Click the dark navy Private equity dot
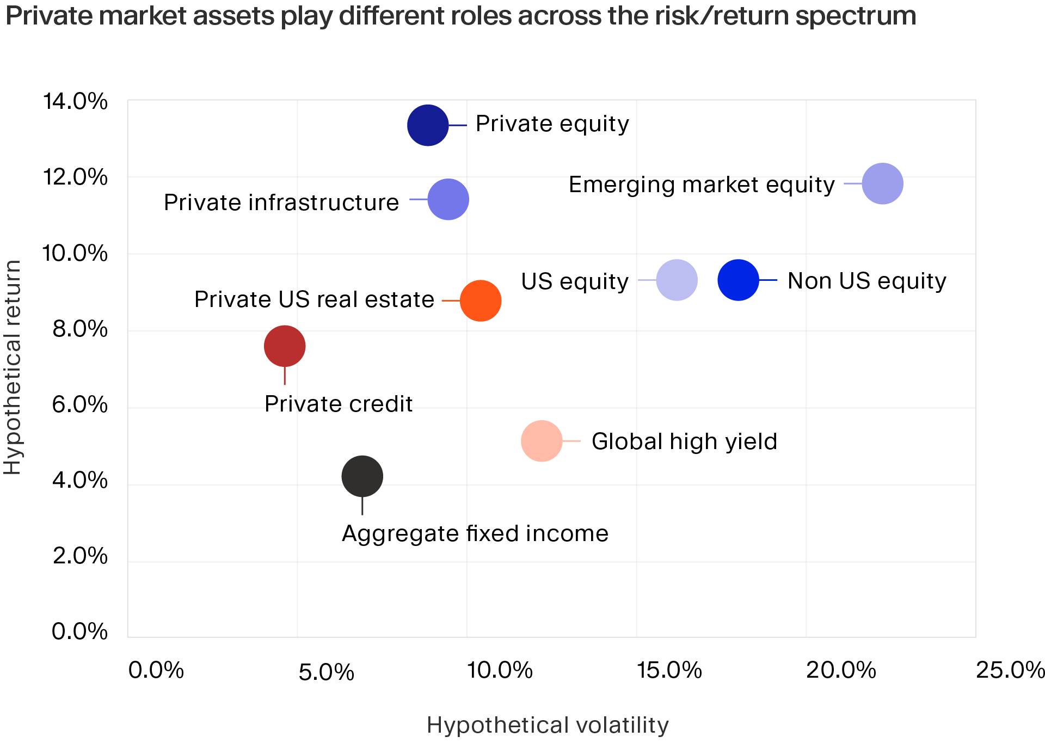[x=428, y=125]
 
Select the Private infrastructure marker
[x=448, y=199]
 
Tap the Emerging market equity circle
[x=882, y=183]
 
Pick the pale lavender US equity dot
[x=677, y=280]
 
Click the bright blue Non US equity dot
[x=738, y=280]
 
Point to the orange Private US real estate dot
[x=480, y=300]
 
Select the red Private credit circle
[x=284, y=346]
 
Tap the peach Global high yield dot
[x=541, y=441]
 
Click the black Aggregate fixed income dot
[x=362, y=476]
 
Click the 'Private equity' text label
[x=552, y=124]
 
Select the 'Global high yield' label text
[x=684, y=441]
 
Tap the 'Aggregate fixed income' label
[x=475, y=533]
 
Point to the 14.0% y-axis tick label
[x=75, y=102]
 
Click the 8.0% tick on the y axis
[x=79, y=329]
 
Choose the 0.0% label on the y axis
[x=79, y=632]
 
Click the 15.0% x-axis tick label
[x=669, y=671]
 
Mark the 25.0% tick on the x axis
[x=1010, y=671]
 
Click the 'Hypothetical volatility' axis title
[x=547, y=726]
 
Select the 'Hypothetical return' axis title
[x=12, y=367]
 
